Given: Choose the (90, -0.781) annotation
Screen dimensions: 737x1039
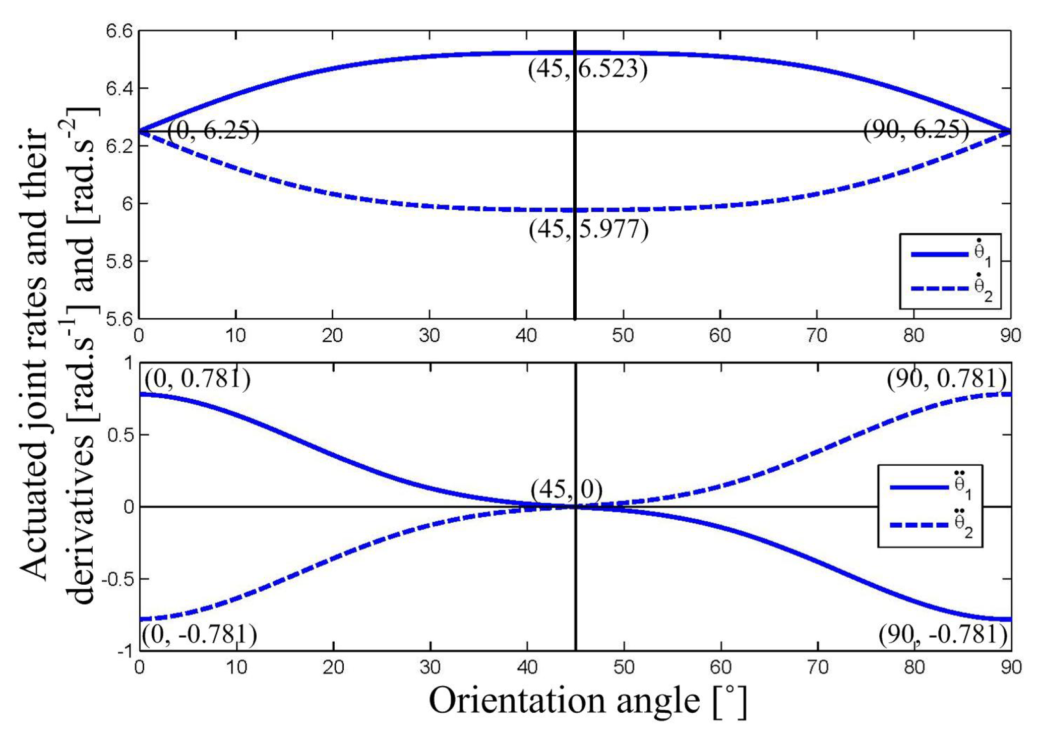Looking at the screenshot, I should [x=943, y=634].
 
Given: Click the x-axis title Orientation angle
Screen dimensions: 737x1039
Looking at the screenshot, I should [x=587, y=701].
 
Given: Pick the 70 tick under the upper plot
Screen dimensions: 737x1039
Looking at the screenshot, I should [x=817, y=335].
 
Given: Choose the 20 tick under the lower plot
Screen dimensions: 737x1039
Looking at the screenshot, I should [x=333, y=667].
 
